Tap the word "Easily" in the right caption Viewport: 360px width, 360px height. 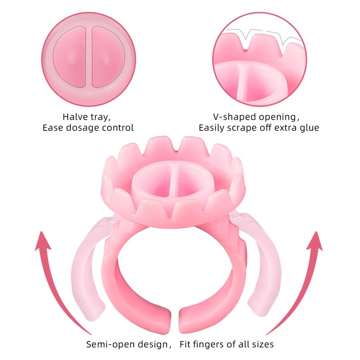click(214, 128)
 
